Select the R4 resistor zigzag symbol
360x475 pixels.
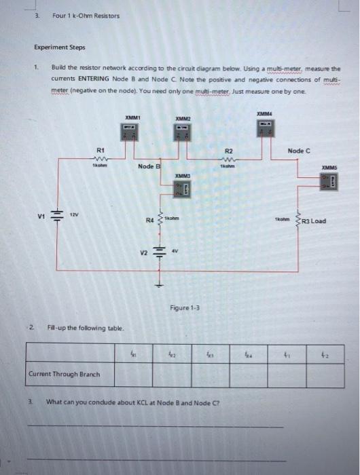coord(161,218)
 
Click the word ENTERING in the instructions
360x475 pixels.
coord(109,78)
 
